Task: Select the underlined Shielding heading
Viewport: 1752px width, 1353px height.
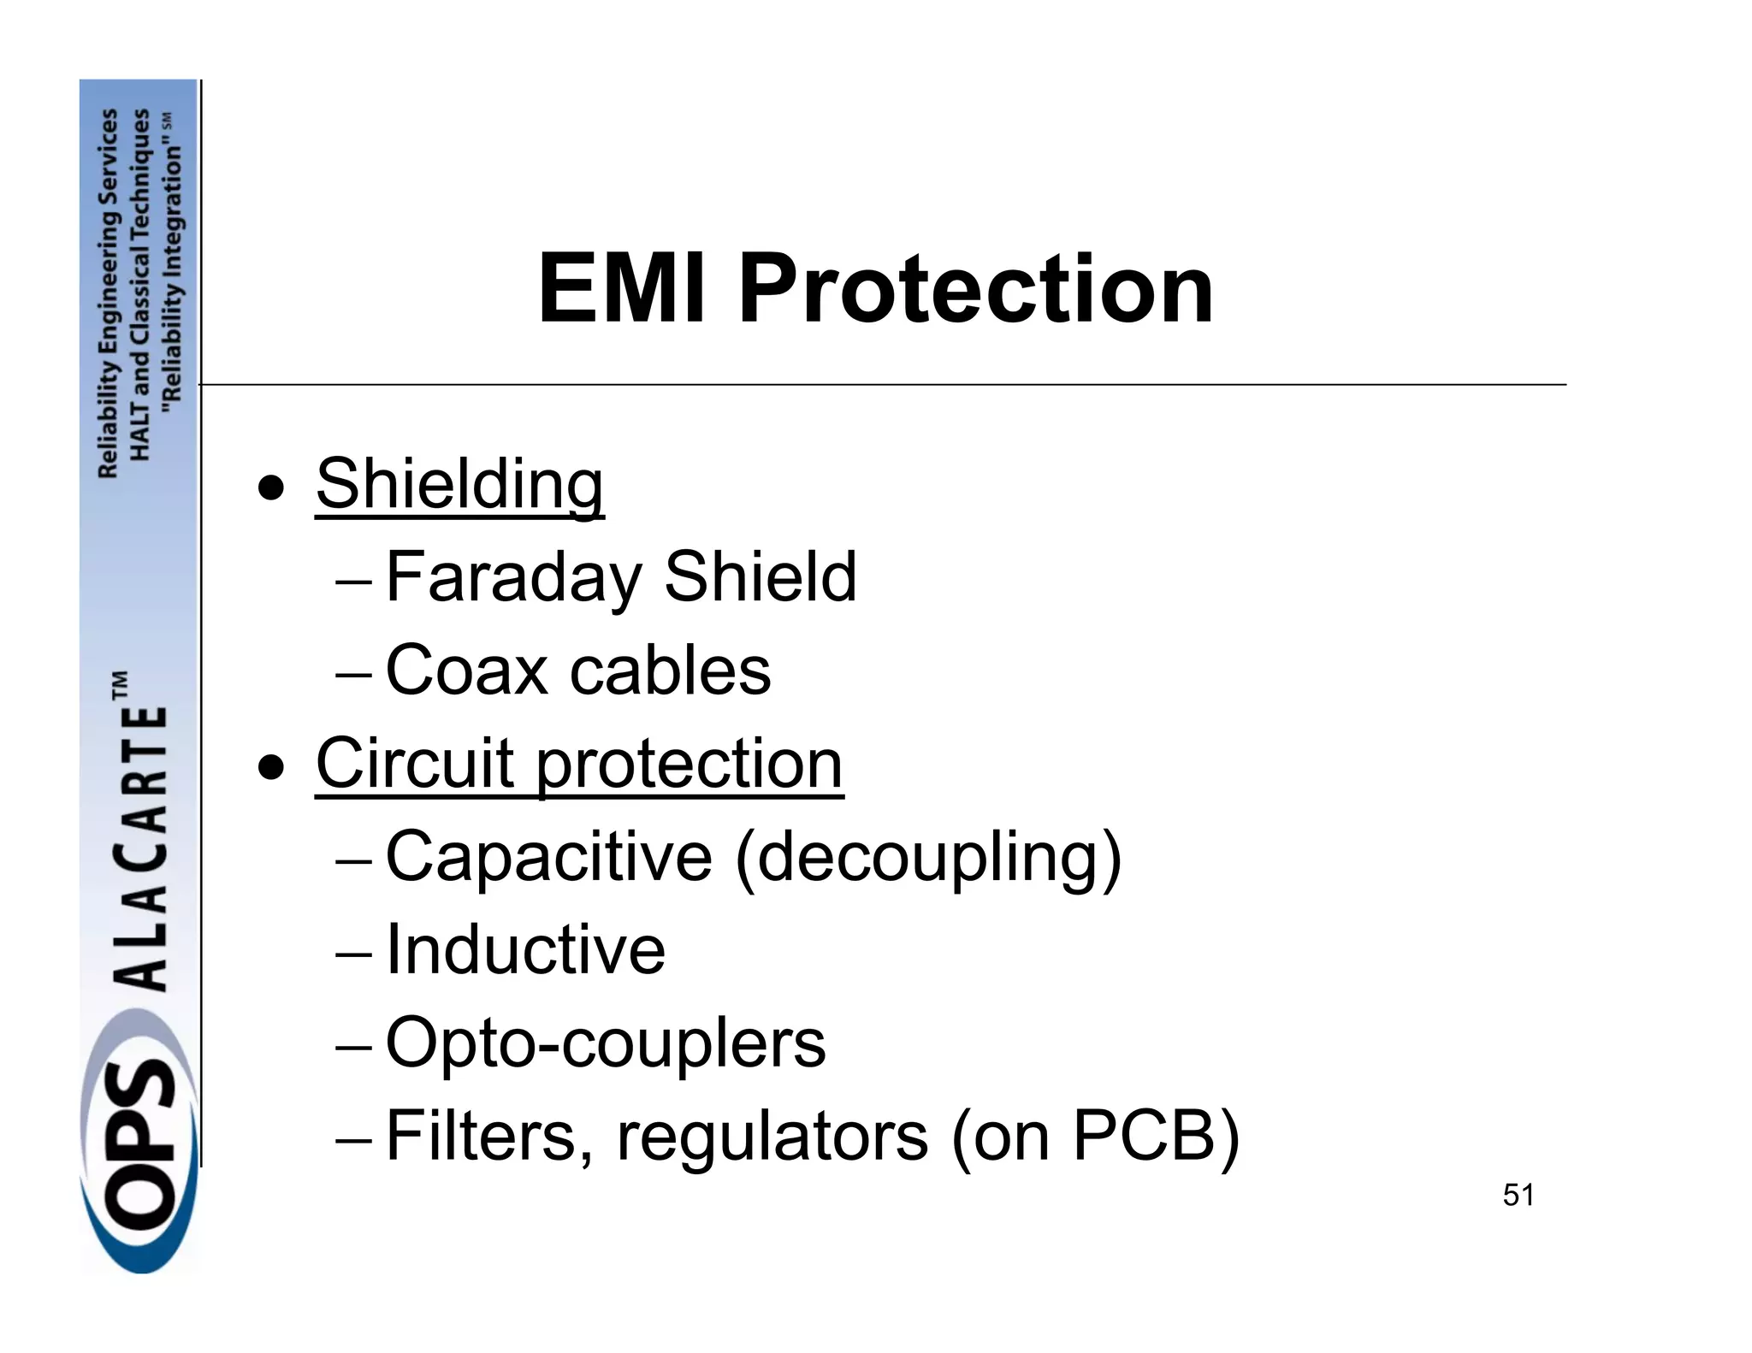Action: click(x=459, y=484)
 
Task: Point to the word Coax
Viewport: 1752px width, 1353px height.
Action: click(x=466, y=671)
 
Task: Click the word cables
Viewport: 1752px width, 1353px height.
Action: click(x=670, y=671)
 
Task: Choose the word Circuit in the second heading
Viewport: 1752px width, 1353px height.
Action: click(x=414, y=763)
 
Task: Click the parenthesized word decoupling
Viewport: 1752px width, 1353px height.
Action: click(x=927, y=858)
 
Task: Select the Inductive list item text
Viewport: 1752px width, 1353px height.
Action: click(x=525, y=949)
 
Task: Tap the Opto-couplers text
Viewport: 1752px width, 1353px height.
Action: click(x=606, y=1043)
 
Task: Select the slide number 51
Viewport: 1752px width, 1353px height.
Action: click(x=1518, y=1195)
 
